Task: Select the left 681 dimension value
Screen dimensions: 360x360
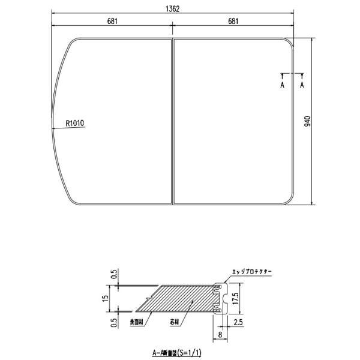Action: [112, 22]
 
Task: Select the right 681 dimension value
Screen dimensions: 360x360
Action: [233, 22]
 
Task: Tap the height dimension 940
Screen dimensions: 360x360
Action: [307, 121]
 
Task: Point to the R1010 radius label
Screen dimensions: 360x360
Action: [76, 124]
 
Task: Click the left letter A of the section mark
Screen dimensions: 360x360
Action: [282, 85]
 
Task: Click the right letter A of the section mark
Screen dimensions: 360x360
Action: [302, 85]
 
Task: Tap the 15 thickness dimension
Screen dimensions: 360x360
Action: [106, 298]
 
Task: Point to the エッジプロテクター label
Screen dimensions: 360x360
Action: [252, 272]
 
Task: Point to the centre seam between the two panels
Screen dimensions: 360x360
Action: [173, 120]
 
